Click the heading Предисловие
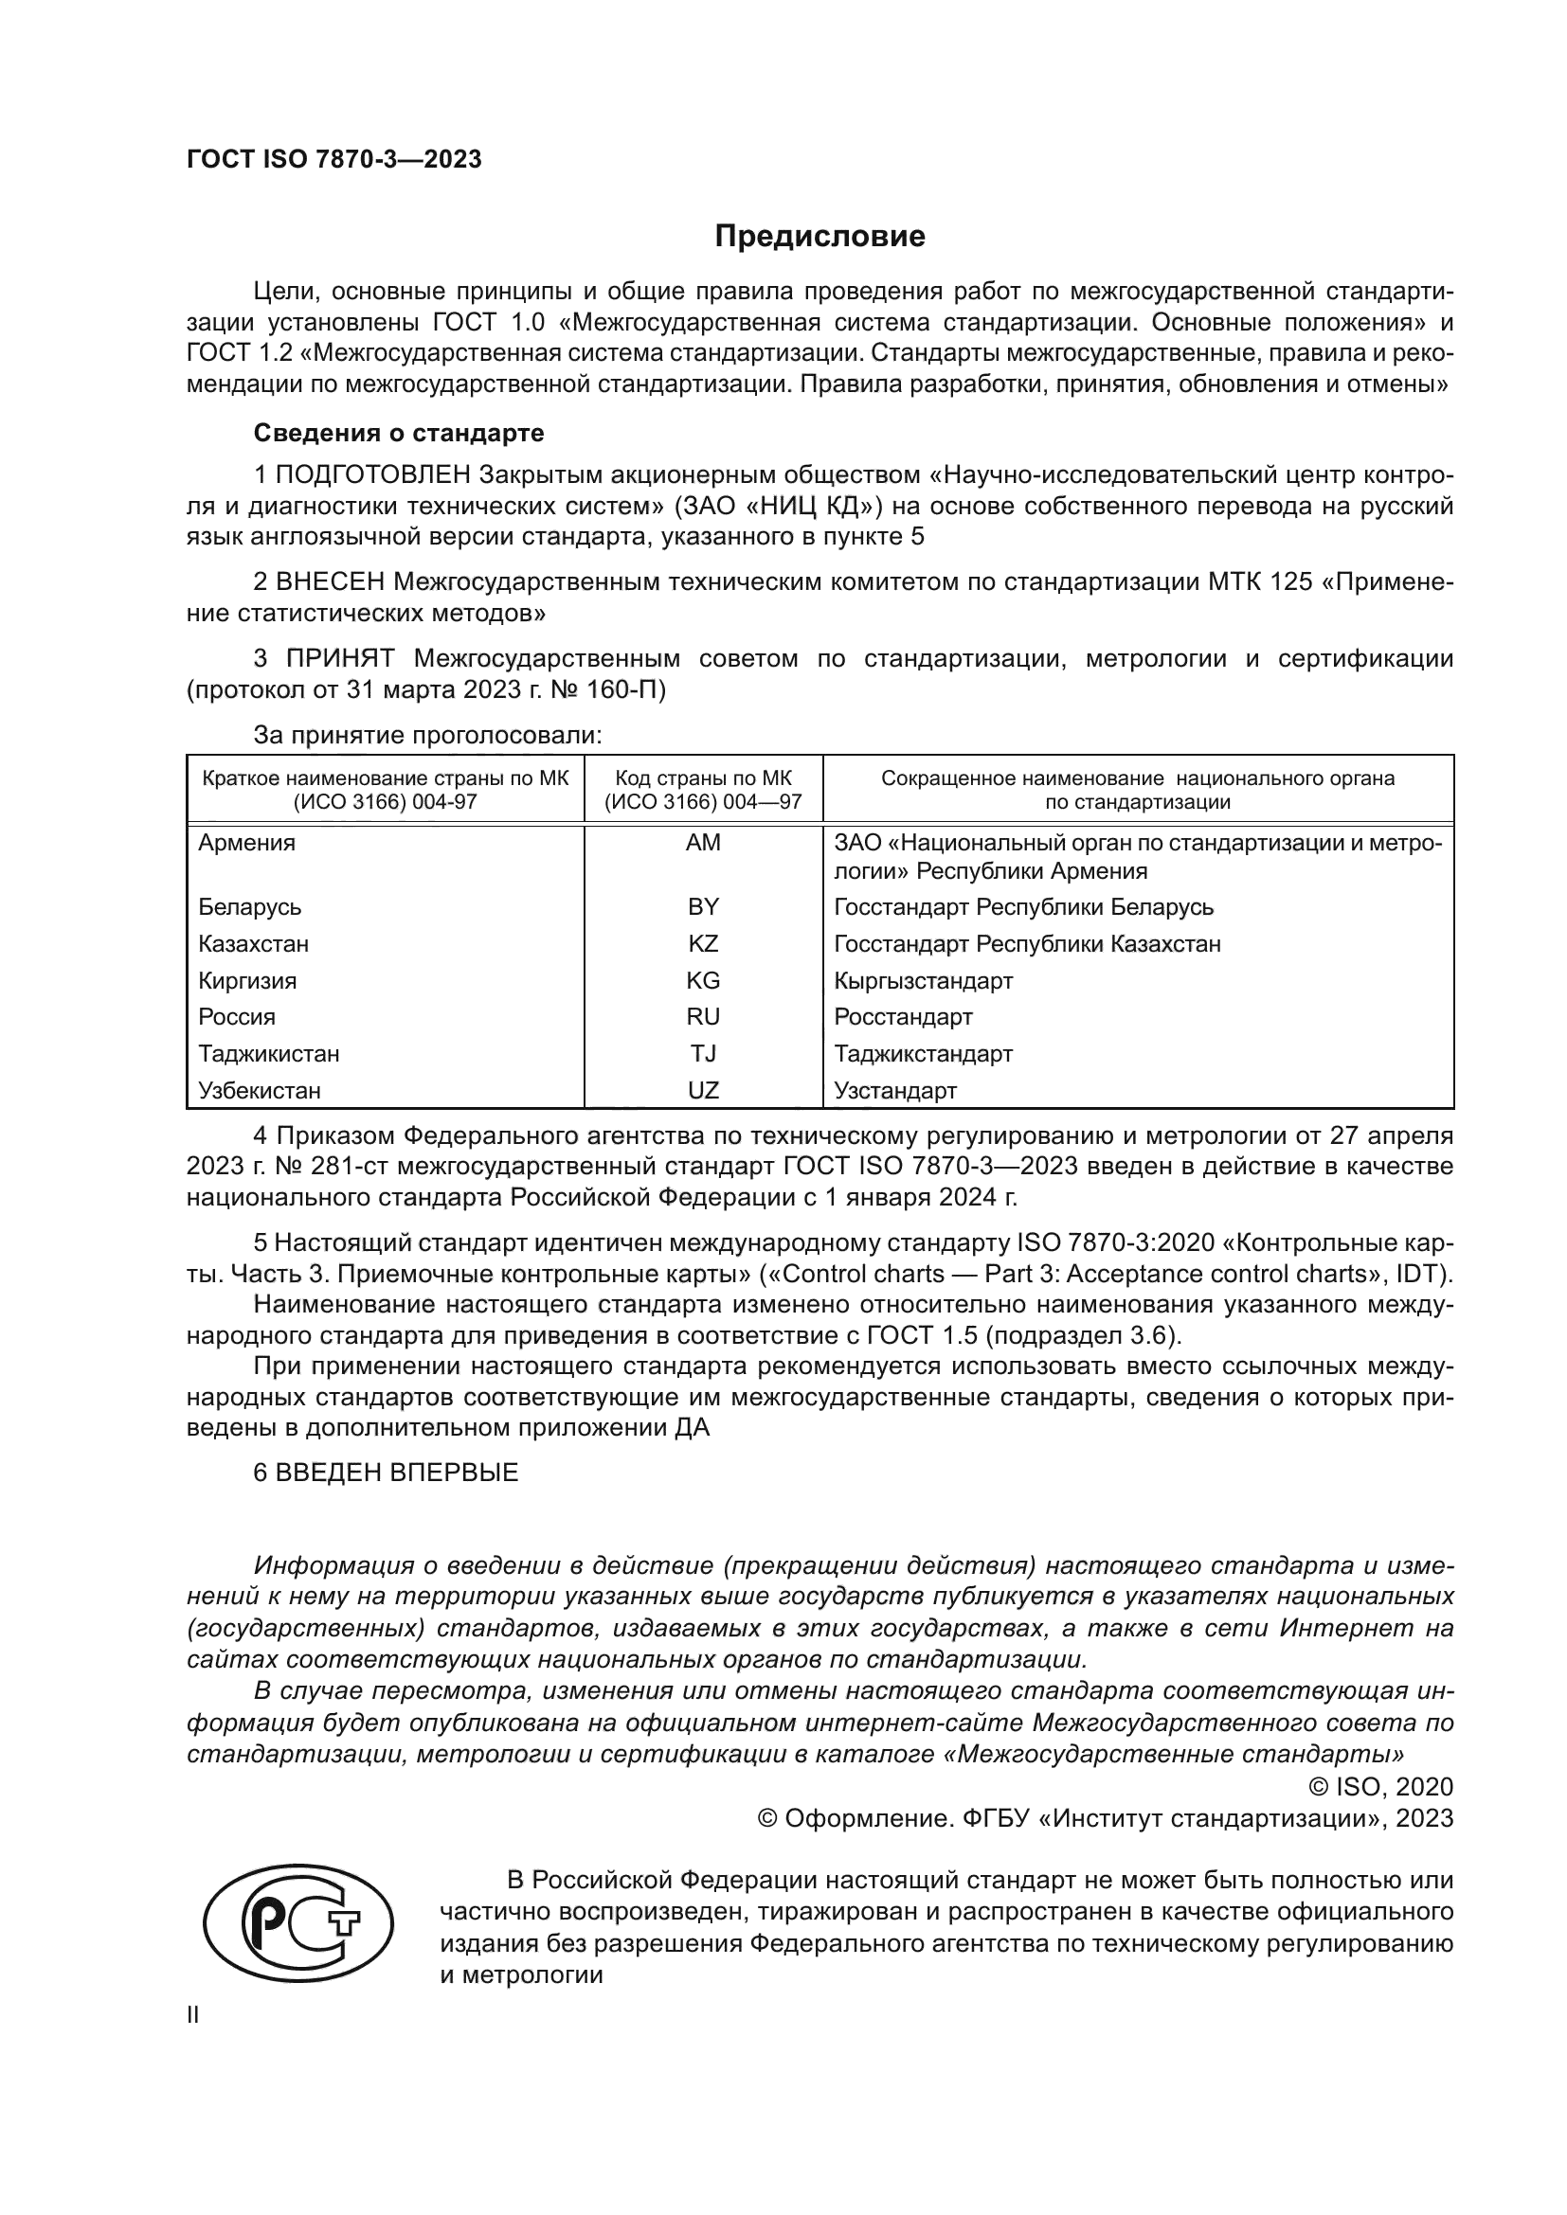(820, 237)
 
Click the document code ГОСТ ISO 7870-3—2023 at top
(333, 160)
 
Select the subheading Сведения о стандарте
(399, 433)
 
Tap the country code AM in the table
(702, 842)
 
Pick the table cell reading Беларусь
(250, 907)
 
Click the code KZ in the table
(702, 943)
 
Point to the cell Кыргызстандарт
(923, 981)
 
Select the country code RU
(702, 1017)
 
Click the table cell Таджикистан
(268, 1053)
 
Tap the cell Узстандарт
(894, 1091)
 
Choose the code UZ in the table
(702, 1091)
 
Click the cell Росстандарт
(902, 1017)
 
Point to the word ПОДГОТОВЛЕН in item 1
(374, 475)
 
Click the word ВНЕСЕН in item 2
(330, 582)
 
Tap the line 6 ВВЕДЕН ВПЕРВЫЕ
(386, 1474)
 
